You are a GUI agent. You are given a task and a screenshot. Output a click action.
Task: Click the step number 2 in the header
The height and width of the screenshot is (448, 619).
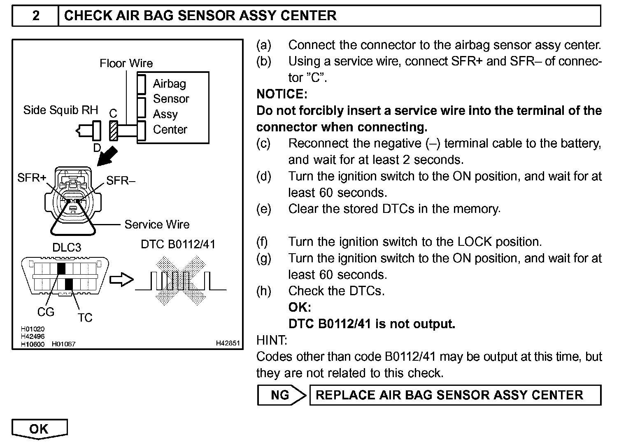[36, 16]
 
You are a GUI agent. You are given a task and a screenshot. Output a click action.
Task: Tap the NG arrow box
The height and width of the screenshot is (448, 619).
[281, 395]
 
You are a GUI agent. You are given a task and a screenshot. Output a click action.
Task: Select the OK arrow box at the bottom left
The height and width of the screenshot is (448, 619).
[39, 429]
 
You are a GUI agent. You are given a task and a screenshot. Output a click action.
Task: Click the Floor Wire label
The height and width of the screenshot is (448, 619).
[126, 63]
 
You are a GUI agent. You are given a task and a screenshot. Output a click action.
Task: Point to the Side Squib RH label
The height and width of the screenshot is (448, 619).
[61, 110]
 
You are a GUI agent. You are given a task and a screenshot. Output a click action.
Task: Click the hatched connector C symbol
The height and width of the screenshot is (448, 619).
[113, 131]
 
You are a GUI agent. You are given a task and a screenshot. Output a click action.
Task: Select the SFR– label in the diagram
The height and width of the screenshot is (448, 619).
[121, 180]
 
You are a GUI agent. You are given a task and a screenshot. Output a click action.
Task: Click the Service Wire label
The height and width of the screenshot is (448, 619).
[157, 224]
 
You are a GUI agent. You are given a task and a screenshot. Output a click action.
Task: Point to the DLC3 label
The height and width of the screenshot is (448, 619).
[67, 247]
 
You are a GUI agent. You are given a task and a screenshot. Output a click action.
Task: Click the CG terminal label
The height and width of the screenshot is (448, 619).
[46, 312]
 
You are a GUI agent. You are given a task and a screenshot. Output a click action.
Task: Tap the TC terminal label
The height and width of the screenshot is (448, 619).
[85, 317]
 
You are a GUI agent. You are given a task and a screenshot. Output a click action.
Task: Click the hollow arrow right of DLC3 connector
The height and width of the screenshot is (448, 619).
[121, 280]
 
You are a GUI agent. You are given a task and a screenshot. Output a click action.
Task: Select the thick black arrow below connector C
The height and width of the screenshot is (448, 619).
[107, 157]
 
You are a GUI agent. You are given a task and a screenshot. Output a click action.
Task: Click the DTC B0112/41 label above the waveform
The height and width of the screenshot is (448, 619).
[178, 244]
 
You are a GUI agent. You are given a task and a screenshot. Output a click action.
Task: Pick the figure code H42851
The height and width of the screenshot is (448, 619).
[228, 343]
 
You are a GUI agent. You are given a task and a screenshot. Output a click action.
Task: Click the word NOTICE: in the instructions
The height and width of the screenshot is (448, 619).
[282, 94]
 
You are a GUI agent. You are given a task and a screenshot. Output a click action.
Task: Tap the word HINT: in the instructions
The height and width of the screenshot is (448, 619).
[272, 340]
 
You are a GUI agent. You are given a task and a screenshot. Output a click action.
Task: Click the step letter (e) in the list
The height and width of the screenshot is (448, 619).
[263, 209]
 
